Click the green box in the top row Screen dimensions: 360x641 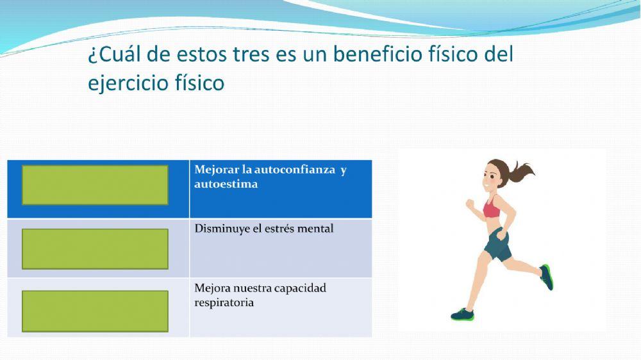tap(95, 185)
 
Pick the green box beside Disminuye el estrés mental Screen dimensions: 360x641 tap(95, 249)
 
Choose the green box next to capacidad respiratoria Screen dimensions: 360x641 tap(95, 311)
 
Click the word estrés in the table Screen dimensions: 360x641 tap(283, 229)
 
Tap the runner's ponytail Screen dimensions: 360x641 tap(520, 171)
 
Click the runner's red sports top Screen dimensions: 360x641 tap(492, 209)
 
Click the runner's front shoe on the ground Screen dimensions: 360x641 tap(462, 315)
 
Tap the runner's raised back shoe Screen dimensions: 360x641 tap(546, 277)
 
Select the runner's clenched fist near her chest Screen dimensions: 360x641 tap(469, 205)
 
